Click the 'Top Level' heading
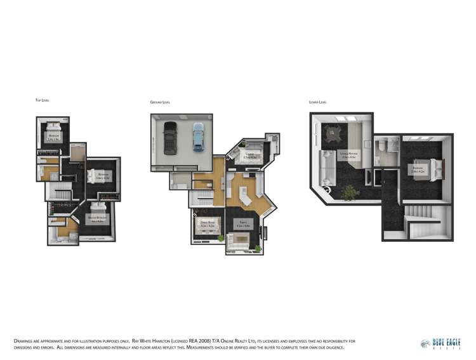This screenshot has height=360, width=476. pos(43,100)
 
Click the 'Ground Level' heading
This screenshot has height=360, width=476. pos(159,102)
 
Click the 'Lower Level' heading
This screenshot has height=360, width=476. pos(318,102)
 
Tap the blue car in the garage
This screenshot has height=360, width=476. pos(199,137)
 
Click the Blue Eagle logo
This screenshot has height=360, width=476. pos(441,343)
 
